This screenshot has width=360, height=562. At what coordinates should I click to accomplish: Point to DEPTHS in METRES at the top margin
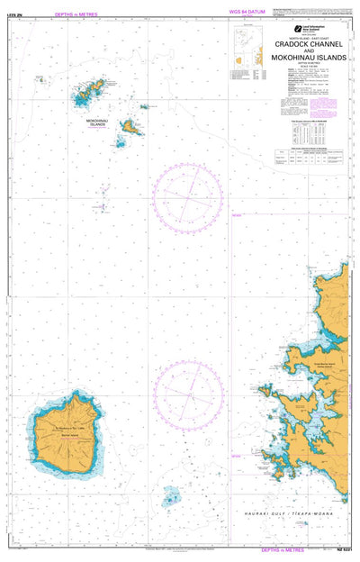pos(76,14)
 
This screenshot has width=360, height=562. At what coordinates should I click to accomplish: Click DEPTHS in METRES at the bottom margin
pos(284,548)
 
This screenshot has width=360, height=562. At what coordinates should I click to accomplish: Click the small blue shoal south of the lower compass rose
pos(170,496)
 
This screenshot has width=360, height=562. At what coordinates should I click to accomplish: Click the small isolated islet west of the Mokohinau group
pos(40,78)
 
